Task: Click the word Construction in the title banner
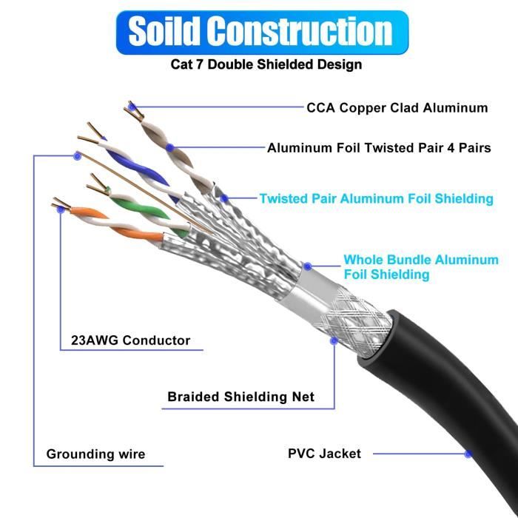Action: click(299, 31)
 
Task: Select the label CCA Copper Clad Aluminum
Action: click(397, 108)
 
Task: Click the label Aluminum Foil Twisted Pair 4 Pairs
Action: click(378, 148)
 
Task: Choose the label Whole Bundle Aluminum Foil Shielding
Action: click(420, 267)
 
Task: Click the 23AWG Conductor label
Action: click(130, 341)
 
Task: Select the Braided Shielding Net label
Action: click(240, 397)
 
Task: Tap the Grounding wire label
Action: click(95, 454)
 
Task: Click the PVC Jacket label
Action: click(324, 453)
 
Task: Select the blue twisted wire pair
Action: click(130, 162)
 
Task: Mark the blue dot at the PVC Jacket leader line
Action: click(468, 454)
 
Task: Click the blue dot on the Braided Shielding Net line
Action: click(334, 341)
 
